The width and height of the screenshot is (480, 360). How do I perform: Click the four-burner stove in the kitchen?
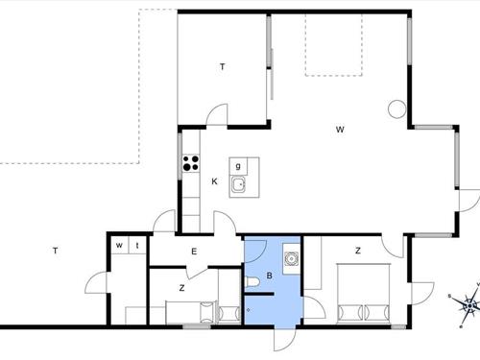(x=191, y=162)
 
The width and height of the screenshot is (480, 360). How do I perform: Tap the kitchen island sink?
(x=238, y=184)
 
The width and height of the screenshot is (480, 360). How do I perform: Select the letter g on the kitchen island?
(x=238, y=166)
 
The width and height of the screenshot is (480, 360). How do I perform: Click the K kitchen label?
(x=214, y=181)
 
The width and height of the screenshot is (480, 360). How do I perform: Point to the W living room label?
(x=340, y=130)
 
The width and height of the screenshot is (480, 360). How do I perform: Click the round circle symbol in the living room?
(x=397, y=109)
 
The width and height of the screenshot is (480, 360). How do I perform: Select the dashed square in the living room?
(x=334, y=44)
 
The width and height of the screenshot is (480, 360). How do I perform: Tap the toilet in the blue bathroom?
(x=252, y=282)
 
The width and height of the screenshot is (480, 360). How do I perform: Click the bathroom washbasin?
(x=292, y=258)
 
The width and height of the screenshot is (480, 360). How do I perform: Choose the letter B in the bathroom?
(x=270, y=276)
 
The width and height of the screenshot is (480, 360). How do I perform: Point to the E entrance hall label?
(x=194, y=252)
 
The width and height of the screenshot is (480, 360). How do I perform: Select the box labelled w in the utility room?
(x=119, y=245)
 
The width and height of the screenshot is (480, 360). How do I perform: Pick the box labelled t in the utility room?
(x=137, y=245)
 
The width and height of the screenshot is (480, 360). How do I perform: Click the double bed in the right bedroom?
(x=364, y=294)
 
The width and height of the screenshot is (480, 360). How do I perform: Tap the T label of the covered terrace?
(x=223, y=67)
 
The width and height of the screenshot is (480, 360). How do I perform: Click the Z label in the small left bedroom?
(x=181, y=288)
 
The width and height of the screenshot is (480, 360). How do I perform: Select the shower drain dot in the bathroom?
(x=248, y=310)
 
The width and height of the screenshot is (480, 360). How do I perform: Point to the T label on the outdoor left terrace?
(x=56, y=251)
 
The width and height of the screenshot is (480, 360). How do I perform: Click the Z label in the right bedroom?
(x=358, y=251)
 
